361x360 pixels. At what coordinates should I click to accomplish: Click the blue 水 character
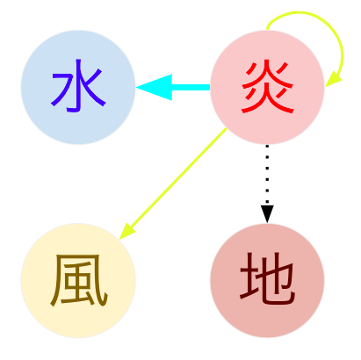point(78,86)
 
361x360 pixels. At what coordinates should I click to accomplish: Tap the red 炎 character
point(267,86)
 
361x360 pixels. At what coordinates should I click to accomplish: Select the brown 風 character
point(79,280)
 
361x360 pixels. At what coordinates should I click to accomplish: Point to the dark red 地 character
point(267,278)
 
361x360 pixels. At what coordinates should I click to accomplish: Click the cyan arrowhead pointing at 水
point(154,87)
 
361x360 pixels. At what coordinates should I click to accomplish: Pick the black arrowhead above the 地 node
point(267,214)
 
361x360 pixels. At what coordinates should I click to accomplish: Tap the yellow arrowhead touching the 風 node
point(126,232)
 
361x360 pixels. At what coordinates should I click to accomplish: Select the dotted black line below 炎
point(267,175)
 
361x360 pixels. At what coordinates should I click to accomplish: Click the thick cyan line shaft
point(191,87)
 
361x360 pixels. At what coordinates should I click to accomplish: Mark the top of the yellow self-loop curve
point(299,12)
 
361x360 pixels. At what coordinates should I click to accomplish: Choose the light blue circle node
point(78,87)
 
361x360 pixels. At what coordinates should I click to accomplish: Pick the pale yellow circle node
point(78,280)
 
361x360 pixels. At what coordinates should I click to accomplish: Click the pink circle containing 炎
point(267,87)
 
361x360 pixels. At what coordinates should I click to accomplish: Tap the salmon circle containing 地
point(267,280)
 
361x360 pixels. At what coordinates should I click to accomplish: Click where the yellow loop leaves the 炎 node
point(267,30)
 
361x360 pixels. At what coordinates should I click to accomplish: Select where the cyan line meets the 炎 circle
point(210,87)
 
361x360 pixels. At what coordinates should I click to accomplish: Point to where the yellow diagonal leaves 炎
point(227,128)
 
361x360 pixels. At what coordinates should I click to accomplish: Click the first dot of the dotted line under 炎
point(267,146)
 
